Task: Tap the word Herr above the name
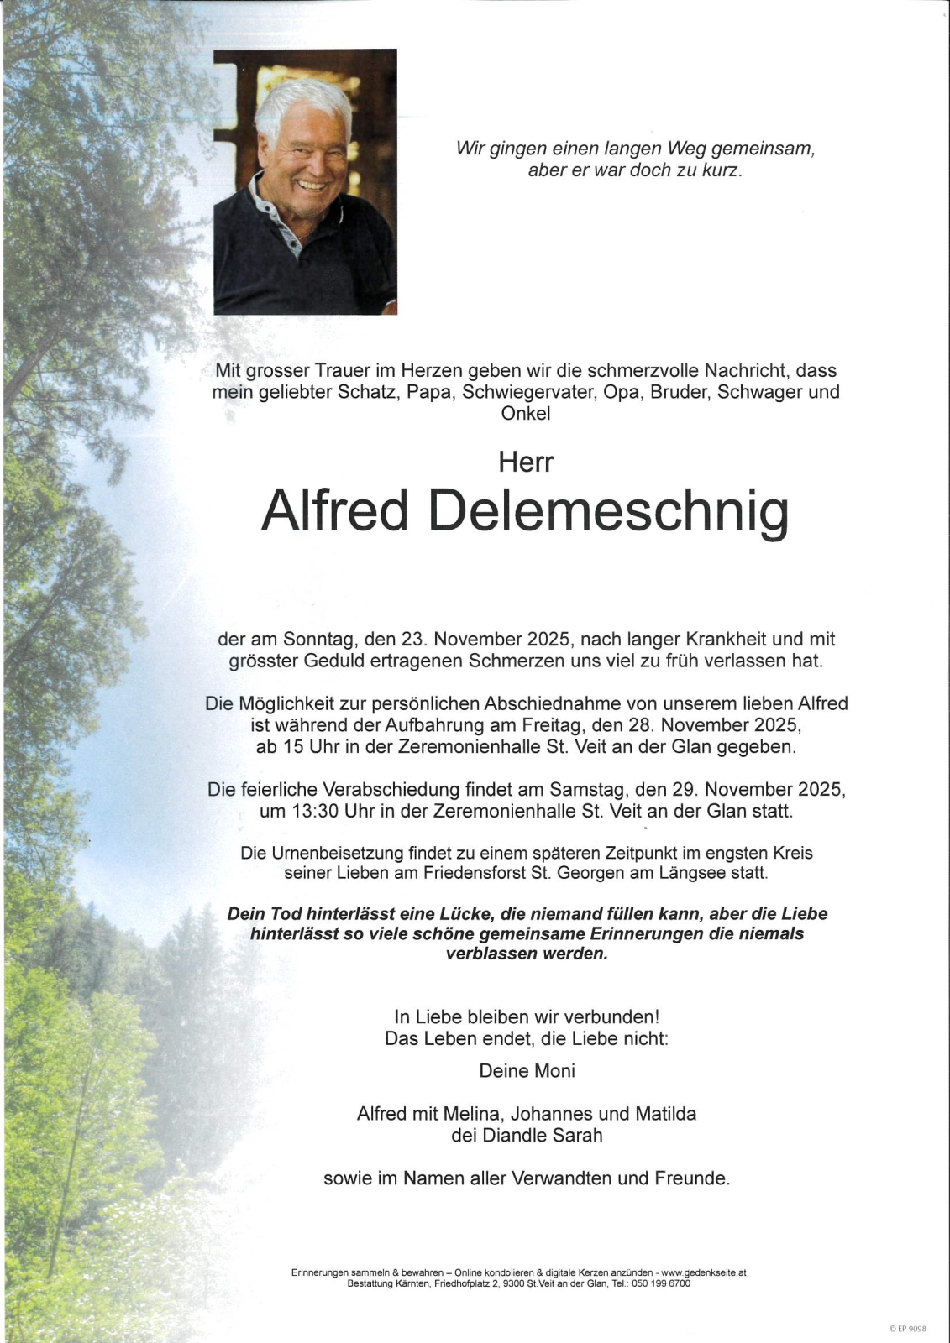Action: click(526, 462)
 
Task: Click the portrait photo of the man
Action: click(305, 182)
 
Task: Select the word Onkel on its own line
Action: click(526, 413)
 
